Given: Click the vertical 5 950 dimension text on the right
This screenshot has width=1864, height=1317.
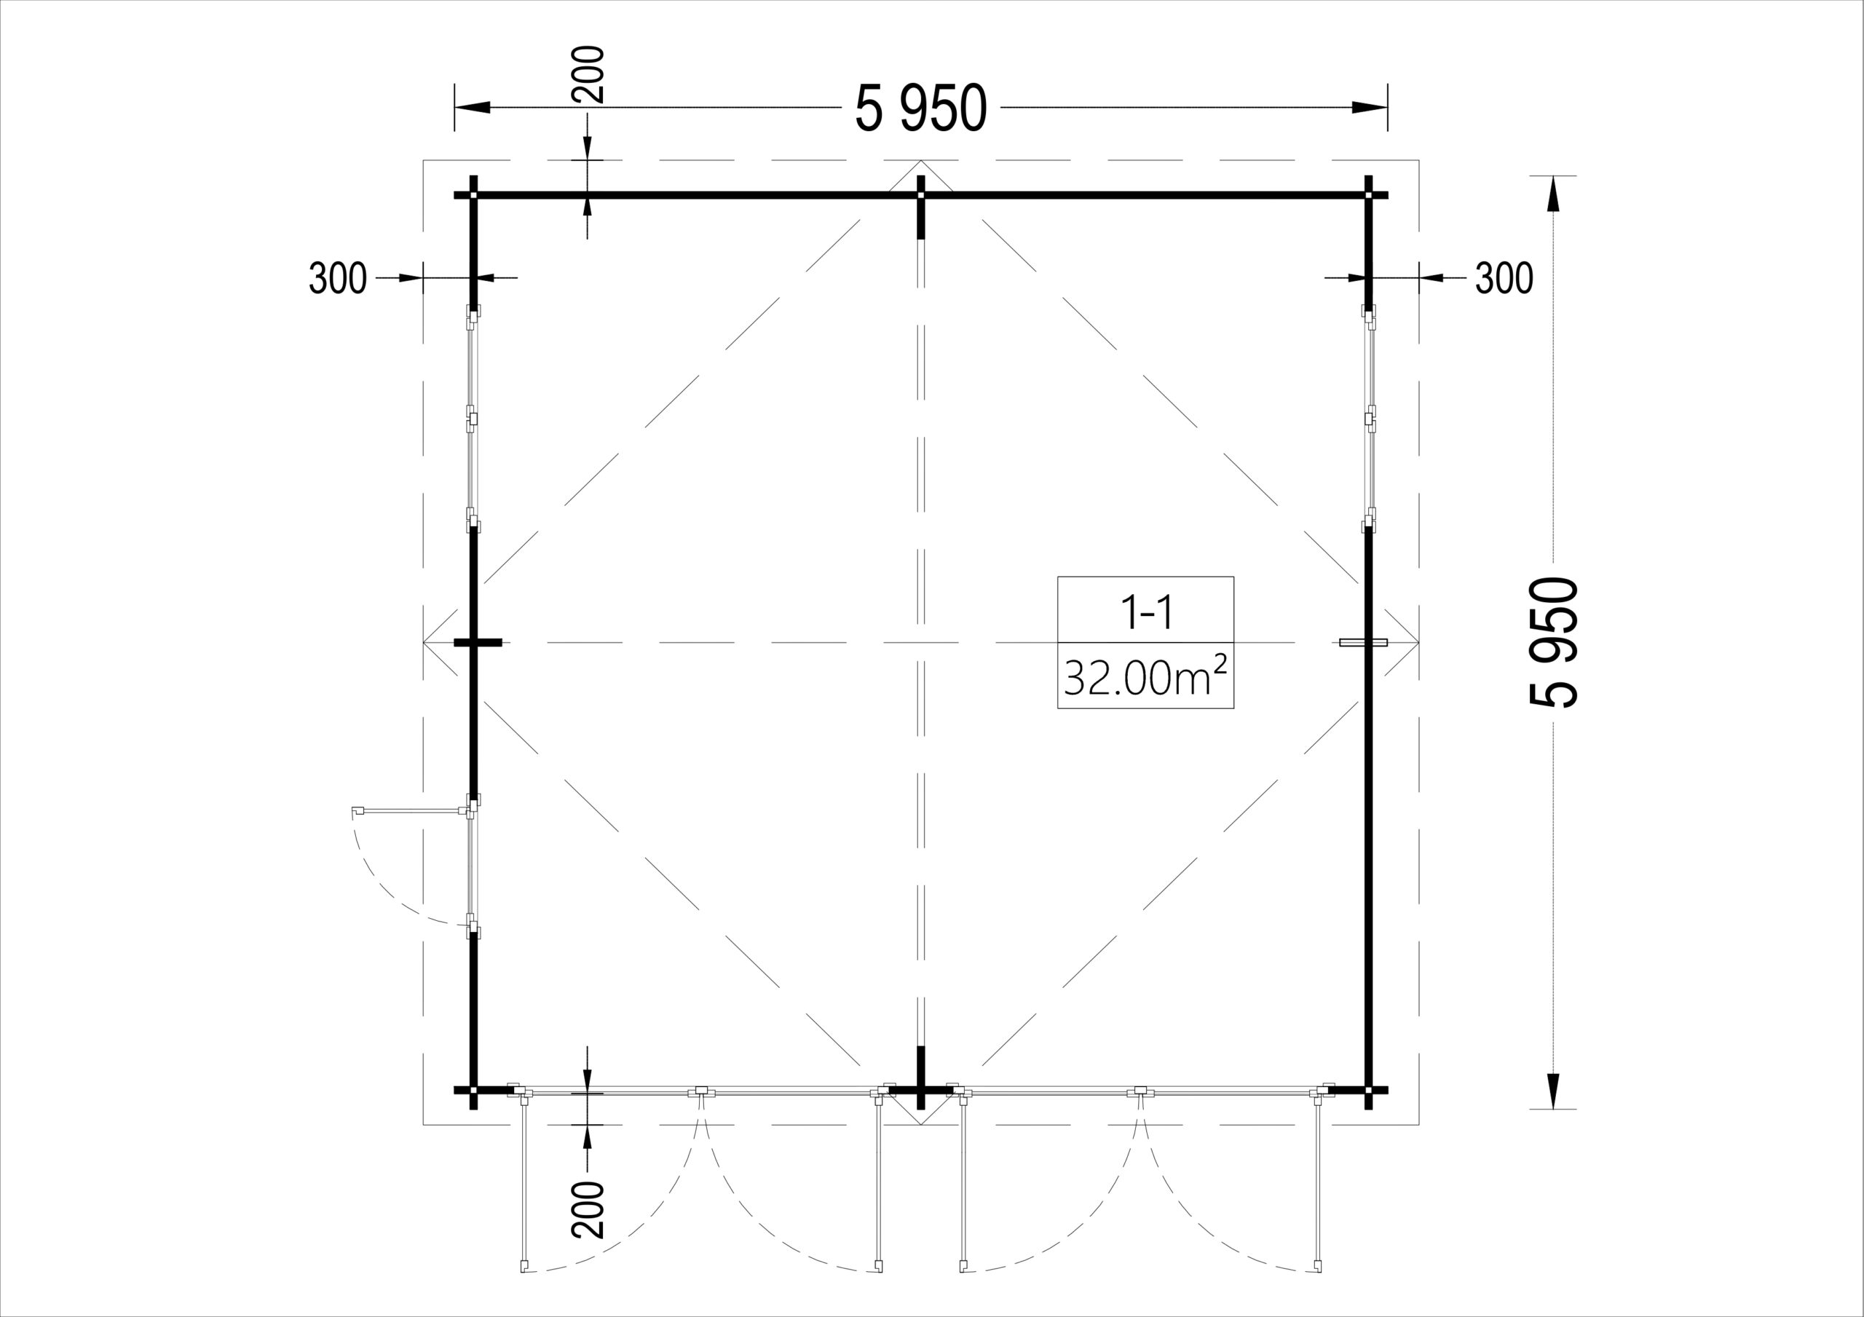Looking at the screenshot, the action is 1554,642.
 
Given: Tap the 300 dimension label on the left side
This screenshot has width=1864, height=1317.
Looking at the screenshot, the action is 338,279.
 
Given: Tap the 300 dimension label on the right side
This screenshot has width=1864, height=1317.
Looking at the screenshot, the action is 1504,279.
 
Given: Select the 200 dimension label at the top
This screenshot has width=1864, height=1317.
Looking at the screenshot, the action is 588,75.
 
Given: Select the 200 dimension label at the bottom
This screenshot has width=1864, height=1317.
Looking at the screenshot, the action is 588,1210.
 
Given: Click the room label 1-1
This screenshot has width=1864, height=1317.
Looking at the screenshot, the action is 1145,614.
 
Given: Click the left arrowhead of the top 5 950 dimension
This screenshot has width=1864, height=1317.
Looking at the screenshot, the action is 473,107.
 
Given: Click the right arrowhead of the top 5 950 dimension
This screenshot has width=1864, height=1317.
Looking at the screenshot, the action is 1369,107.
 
